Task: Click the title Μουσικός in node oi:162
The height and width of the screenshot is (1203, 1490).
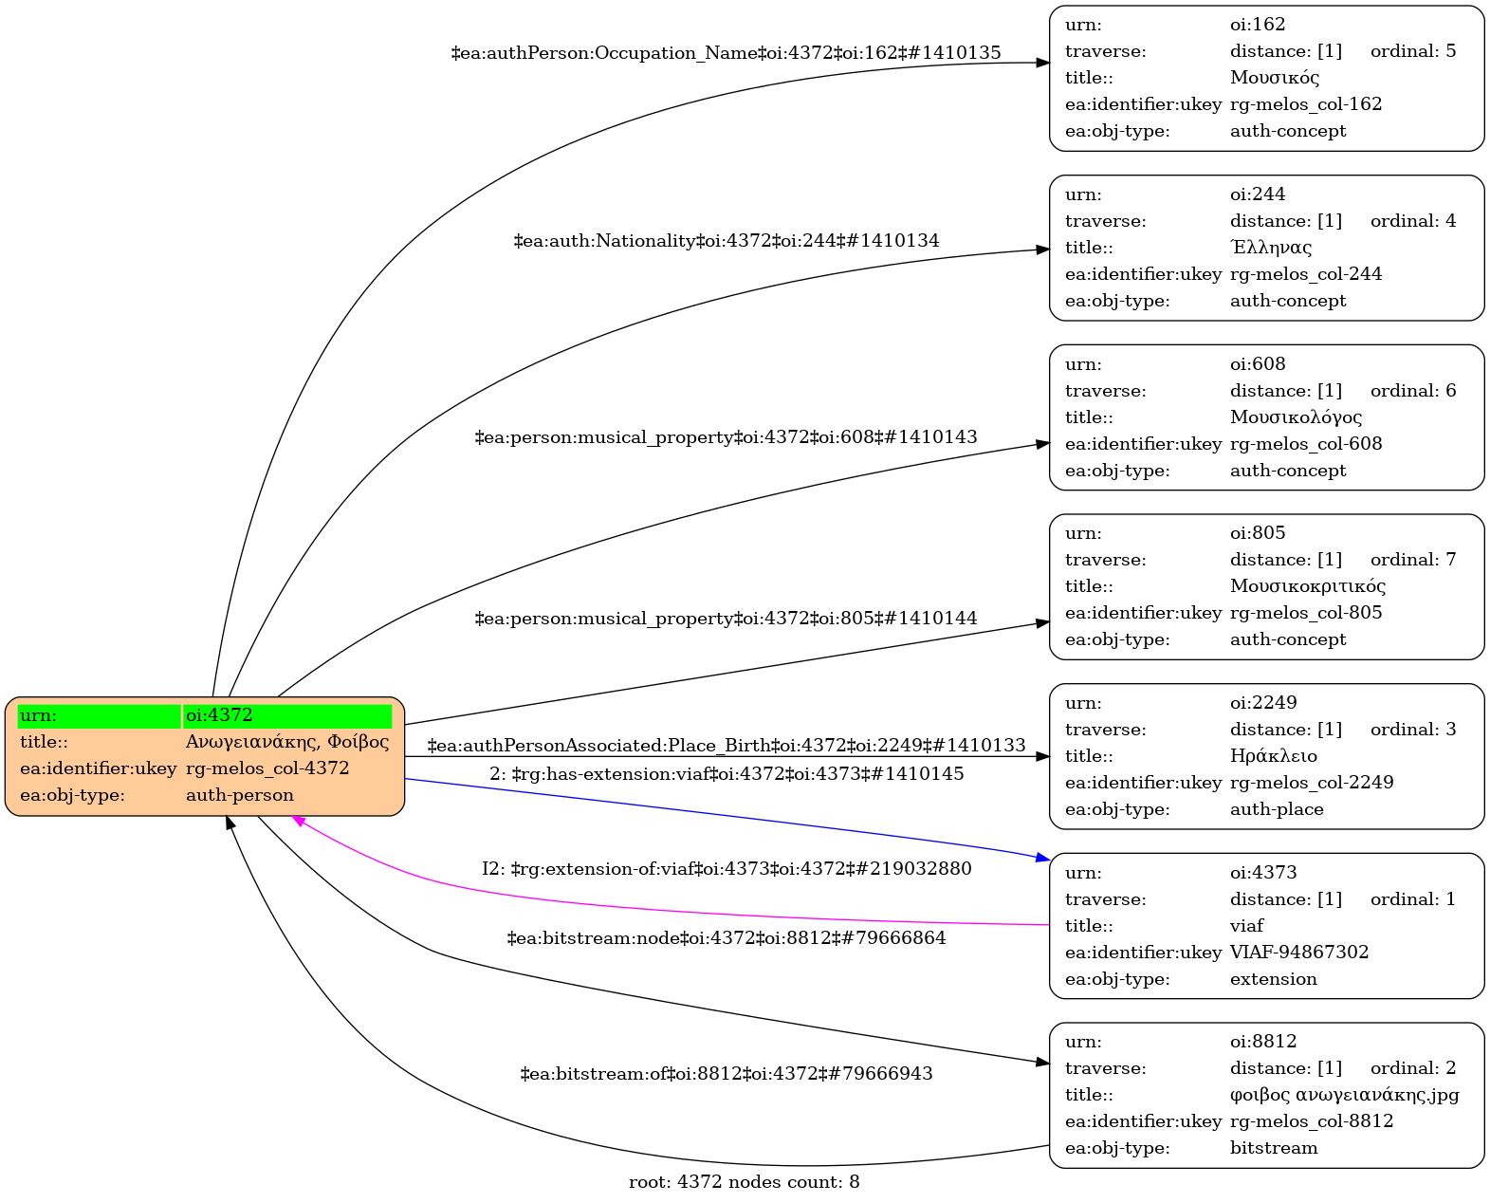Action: click(x=1274, y=78)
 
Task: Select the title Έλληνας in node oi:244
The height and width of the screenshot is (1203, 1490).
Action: click(x=1270, y=248)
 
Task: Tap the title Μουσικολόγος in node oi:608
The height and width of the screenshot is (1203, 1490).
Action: click(x=1296, y=417)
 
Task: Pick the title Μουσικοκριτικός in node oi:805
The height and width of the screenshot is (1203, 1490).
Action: click(x=1307, y=586)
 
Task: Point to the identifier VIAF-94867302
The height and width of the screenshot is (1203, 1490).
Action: click(x=1298, y=952)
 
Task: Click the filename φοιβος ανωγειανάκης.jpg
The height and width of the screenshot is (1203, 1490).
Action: click(x=1344, y=1095)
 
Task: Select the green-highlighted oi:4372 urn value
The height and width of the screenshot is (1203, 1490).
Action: click(x=219, y=715)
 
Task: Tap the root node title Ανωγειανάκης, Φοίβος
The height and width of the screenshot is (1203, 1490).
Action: click(x=286, y=742)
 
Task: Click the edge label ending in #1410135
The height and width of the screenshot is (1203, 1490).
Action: click(x=726, y=53)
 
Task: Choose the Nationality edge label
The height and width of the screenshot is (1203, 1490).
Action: click(x=726, y=241)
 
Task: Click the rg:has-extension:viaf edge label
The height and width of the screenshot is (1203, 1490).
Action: click(x=726, y=774)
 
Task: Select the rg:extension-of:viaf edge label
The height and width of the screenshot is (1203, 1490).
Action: click(x=726, y=869)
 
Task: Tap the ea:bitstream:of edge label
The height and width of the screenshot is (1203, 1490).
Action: click(x=726, y=1074)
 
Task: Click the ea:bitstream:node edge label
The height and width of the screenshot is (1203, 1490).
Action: click(x=726, y=938)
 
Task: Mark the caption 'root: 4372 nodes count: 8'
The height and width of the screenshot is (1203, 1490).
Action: click(x=744, y=1182)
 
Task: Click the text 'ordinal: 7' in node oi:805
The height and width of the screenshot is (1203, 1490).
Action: click(x=1412, y=560)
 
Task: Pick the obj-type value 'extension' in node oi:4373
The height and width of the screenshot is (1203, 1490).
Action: click(x=1273, y=979)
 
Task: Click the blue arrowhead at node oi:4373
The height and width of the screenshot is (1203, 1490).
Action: click(x=1042, y=858)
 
